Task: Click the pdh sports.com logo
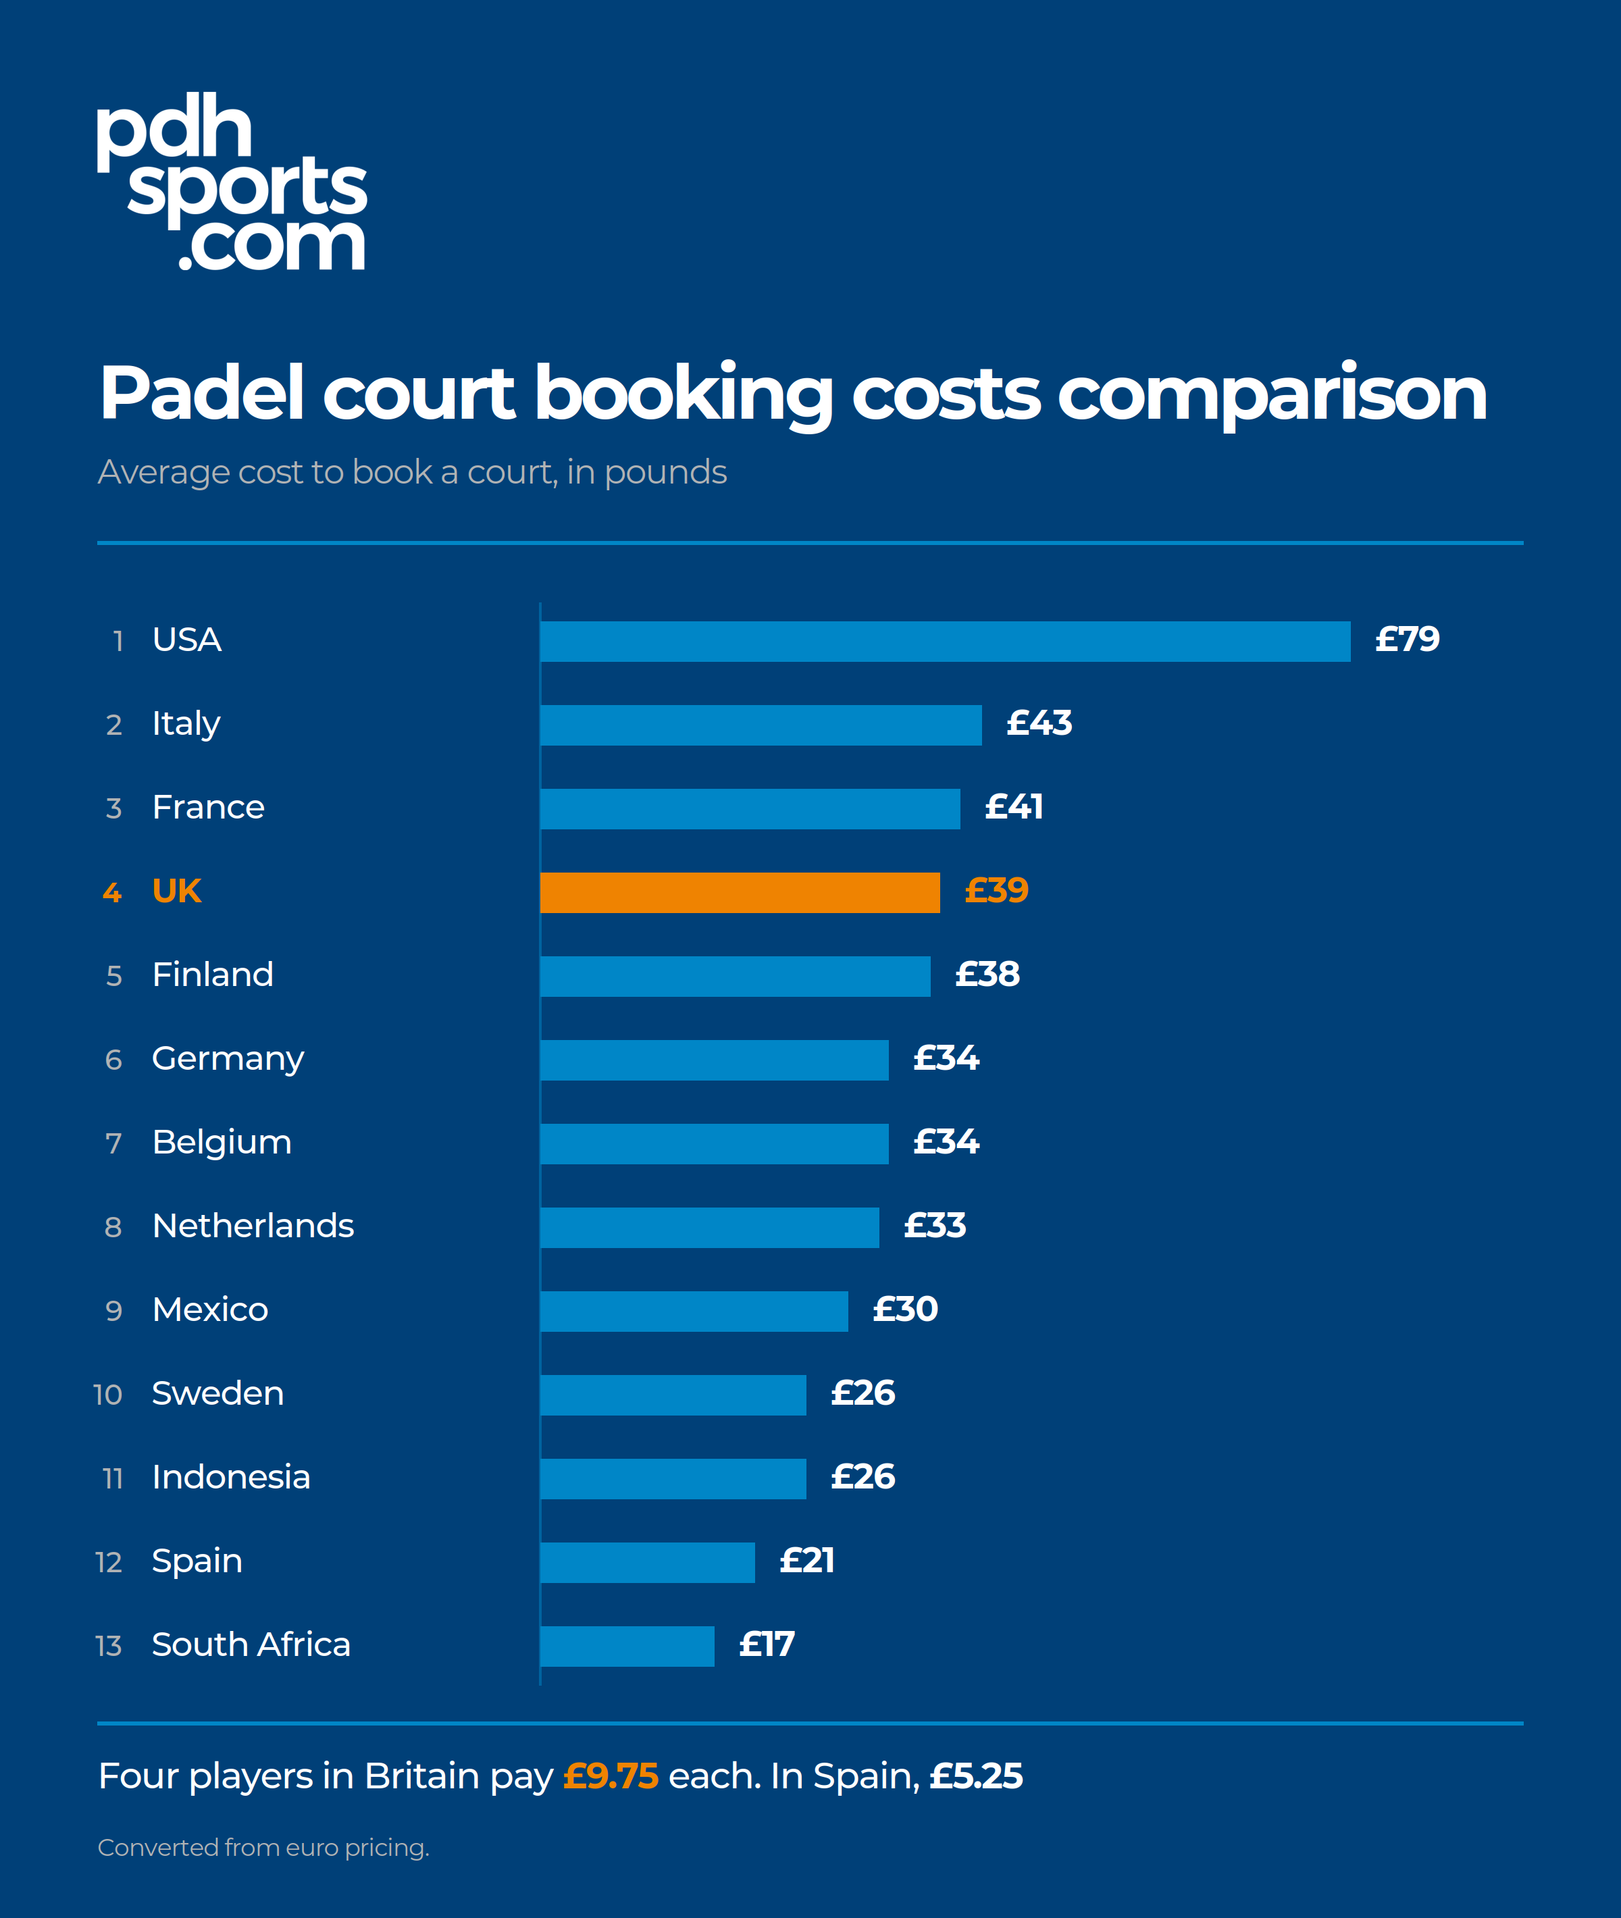coord(232,181)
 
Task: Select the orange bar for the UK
coord(740,892)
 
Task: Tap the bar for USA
coord(946,642)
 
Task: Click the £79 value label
coord(1407,640)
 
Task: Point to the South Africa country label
coord(251,1644)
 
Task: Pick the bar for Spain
coord(648,1562)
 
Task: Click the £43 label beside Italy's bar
coord(1039,723)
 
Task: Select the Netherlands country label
coord(253,1226)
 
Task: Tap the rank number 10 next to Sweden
coord(107,1394)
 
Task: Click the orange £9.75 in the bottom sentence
coord(611,1776)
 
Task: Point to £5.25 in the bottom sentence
coord(976,1776)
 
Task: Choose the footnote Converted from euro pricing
coord(263,1847)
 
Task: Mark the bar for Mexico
coord(694,1312)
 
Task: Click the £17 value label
coord(767,1644)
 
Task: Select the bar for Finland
coord(735,976)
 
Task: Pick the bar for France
coord(750,809)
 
